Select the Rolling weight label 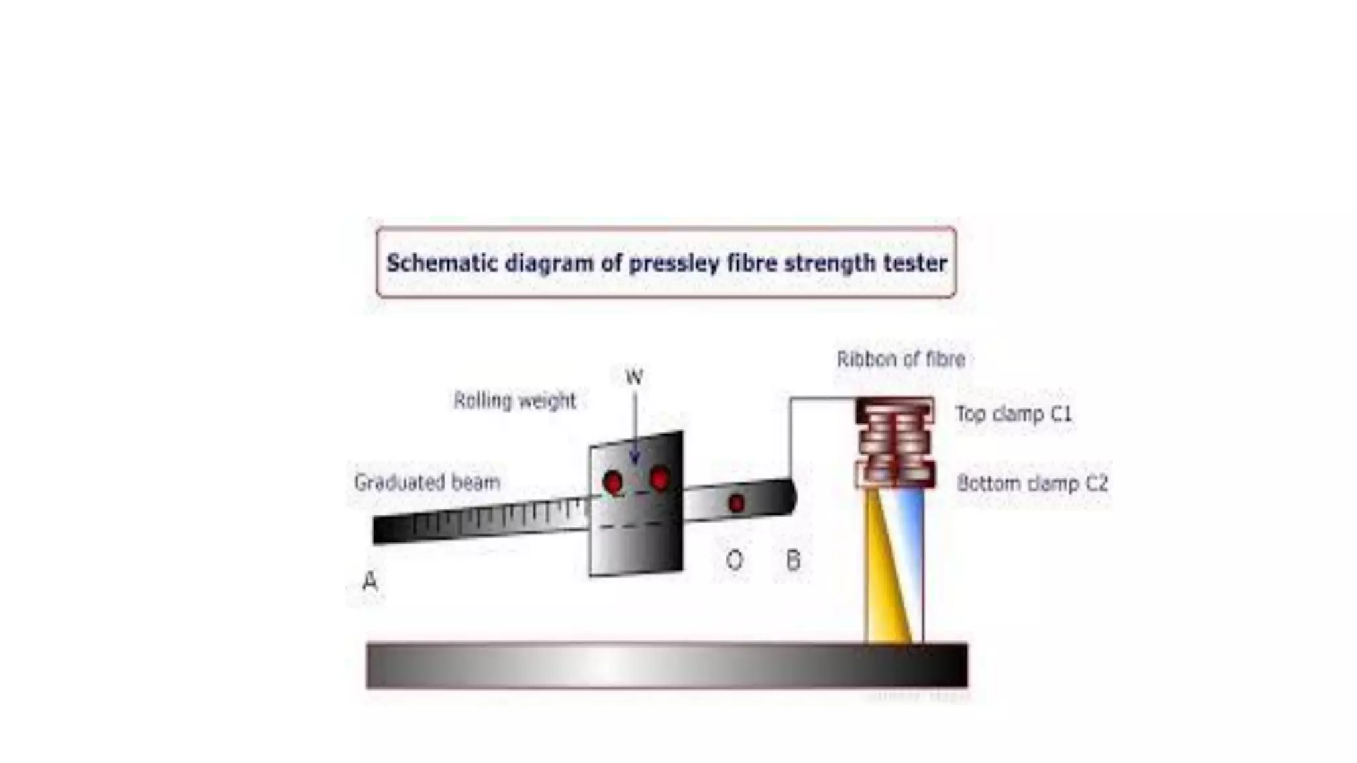pos(515,401)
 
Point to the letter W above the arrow pos(634,377)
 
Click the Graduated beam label pos(427,482)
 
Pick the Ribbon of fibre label pos(900,359)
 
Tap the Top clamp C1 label pos(1014,414)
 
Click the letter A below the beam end pos(370,581)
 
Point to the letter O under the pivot pos(734,560)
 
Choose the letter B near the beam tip pos(793,560)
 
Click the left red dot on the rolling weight pos(612,482)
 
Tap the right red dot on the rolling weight pos(660,478)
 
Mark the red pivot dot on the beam pos(736,503)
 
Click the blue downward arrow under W pos(635,431)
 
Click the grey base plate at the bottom pos(667,665)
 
